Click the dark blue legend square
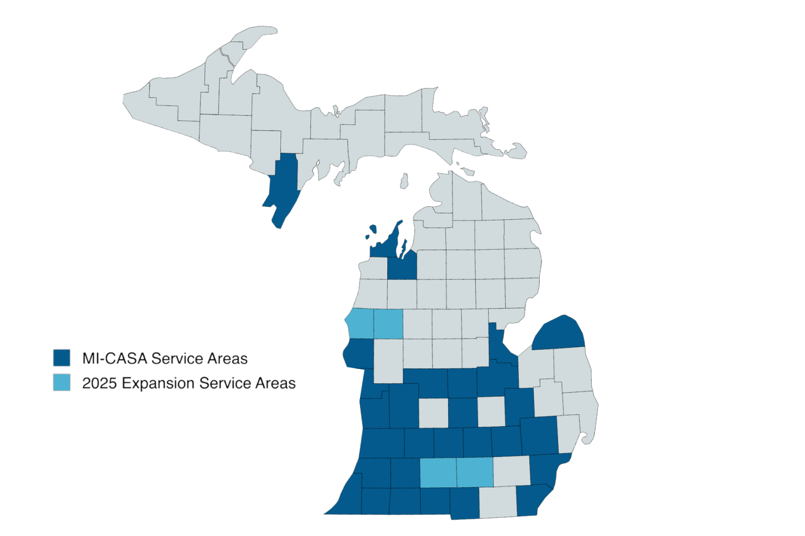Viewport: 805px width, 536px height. (x=61, y=358)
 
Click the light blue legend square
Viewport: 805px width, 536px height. (x=61, y=383)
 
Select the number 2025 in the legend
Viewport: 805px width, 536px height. (x=99, y=383)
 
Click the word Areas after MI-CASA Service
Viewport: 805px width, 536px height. (x=227, y=359)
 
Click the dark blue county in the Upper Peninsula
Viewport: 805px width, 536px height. (x=284, y=183)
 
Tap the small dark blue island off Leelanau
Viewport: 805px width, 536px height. (x=373, y=229)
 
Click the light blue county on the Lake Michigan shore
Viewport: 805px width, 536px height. (x=361, y=323)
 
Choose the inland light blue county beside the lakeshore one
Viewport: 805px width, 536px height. (x=388, y=323)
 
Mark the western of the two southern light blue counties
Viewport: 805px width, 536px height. (x=438, y=472)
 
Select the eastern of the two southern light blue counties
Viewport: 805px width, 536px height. (x=475, y=472)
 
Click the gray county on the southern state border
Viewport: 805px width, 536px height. (x=498, y=502)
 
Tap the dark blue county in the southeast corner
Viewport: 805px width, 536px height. (x=532, y=500)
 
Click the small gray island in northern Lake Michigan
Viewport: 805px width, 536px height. (x=404, y=181)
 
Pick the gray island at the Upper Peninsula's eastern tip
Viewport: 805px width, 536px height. (x=516, y=151)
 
